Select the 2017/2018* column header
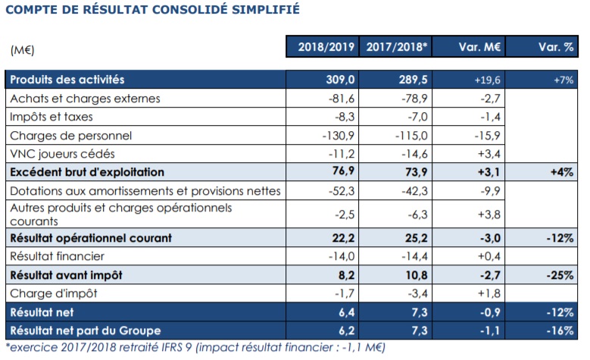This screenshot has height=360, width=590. [x=395, y=47]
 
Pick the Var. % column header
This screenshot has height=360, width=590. [x=542, y=47]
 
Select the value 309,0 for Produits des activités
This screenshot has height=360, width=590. [x=339, y=80]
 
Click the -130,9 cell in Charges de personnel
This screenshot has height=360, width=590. [x=336, y=136]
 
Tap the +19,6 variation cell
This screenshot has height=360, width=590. [x=484, y=80]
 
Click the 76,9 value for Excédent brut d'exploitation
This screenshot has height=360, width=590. [x=341, y=172]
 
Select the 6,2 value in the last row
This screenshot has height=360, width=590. [x=342, y=330]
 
